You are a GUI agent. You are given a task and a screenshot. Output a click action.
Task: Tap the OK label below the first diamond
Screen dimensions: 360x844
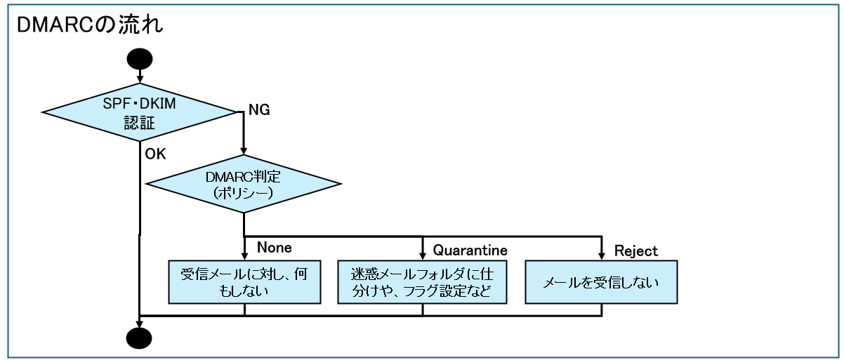pyautogui.click(x=155, y=153)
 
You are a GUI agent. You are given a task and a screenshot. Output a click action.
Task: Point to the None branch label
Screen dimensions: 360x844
pyautogui.click(x=274, y=248)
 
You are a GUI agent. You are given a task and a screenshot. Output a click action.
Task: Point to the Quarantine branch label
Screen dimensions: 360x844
pyautogui.click(x=470, y=249)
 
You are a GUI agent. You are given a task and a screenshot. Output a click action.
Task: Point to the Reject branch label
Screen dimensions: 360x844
pyautogui.click(x=636, y=249)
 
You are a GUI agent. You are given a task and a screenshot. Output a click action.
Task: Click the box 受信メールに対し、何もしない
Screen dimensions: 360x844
pyautogui.click(x=244, y=281)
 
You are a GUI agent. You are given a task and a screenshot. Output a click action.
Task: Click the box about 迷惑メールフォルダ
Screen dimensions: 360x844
pyautogui.click(x=423, y=281)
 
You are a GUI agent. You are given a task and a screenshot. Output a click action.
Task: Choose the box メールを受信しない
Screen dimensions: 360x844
pyautogui.click(x=602, y=281)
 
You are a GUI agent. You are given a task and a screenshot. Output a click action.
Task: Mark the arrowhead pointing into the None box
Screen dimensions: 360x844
pyautogui.click(x=244, y=255)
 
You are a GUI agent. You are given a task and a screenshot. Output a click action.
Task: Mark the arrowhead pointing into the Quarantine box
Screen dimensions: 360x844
pyautogui.click(x=423, y=255)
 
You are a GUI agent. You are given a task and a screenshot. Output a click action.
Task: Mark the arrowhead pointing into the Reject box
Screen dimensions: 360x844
pyautogui.click(x=602, y=255)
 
